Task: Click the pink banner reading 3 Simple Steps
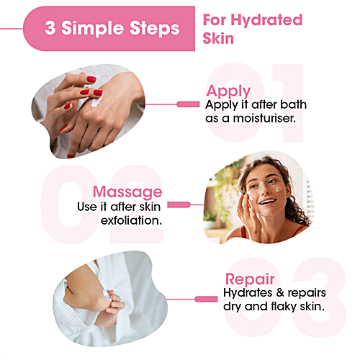click(x=108, y=28)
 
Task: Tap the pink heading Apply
click(x=228, y=91)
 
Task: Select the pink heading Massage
click(x=127, y=192)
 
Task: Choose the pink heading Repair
click(x=248, y=280)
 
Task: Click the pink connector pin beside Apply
click(x=189, y=104)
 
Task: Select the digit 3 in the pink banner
click(x=50, y=29)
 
